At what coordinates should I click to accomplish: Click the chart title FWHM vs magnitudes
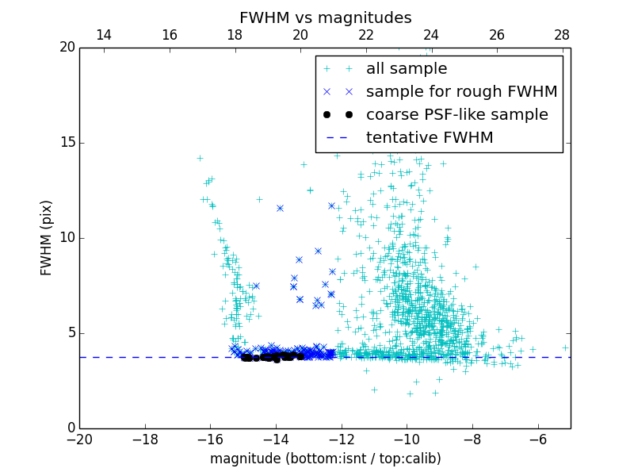325,17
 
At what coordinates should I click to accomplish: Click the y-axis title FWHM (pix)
46,238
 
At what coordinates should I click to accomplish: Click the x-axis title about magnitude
325,459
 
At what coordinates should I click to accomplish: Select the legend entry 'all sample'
407,69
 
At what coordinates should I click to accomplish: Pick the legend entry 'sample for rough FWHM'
461,92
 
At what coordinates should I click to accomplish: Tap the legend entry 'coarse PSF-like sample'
456,114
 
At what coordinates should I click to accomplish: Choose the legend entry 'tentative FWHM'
430,137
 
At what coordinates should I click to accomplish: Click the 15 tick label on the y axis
67,143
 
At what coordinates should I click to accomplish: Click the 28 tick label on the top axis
562,35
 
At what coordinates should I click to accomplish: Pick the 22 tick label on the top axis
365,35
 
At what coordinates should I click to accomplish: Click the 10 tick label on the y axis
67,238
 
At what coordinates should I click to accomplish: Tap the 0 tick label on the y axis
71,428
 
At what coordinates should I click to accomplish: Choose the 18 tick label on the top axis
235,35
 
